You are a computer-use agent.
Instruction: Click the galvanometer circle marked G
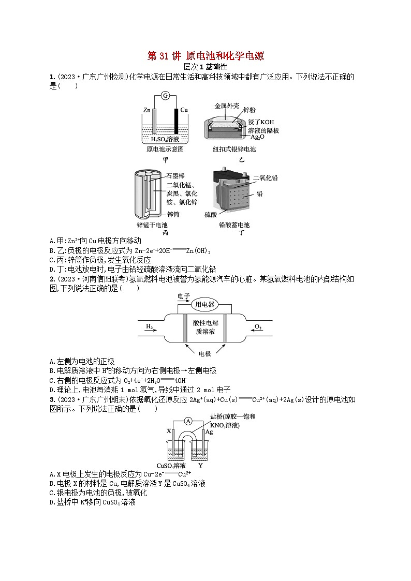166,96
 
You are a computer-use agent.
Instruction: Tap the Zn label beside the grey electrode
146,110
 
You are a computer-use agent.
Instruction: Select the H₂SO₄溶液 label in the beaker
165,139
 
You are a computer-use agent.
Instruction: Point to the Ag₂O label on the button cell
258,137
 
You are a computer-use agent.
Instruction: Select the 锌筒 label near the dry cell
173,214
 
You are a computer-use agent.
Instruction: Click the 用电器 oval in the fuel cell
204,304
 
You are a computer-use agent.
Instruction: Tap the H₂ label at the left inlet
149,326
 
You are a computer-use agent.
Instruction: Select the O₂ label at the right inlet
258,326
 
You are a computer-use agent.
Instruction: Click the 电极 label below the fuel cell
205,353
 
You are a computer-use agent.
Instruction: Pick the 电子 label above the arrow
184,296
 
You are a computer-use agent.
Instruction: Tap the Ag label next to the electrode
209,431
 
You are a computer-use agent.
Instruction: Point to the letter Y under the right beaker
200,465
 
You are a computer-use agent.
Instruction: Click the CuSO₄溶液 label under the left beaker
171,465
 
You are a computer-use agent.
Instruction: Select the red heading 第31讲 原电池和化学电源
205,56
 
